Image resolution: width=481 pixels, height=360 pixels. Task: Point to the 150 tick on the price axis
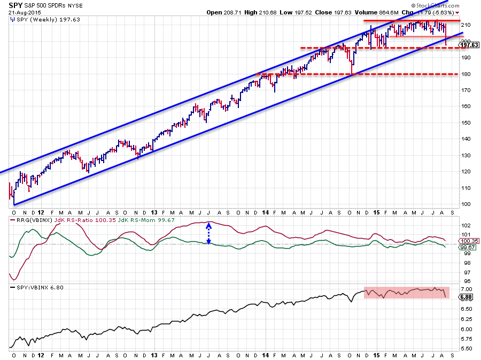tap(467, 122)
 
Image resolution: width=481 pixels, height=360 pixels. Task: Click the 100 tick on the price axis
tap(467, 204)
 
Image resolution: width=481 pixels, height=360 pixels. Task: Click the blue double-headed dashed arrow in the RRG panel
tap(209, 234)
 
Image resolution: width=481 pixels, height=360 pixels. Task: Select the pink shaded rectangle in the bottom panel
tap(407, 292)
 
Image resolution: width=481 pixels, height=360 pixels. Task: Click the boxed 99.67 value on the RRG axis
tap(469, 247)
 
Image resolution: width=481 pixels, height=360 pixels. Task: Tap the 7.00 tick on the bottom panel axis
tap(467, 289)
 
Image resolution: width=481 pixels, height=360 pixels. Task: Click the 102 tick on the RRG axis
tap(467, 225)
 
